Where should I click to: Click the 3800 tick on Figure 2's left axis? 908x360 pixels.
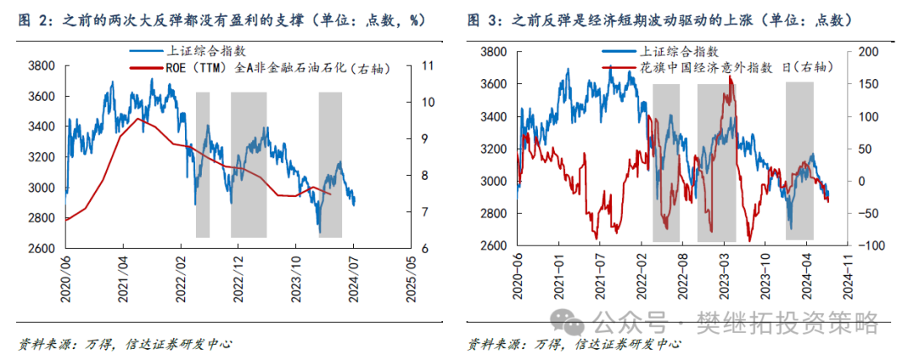point(42,66)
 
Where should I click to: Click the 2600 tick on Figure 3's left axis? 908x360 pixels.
point(492,246)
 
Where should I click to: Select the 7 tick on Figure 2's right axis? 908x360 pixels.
point(426,211)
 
